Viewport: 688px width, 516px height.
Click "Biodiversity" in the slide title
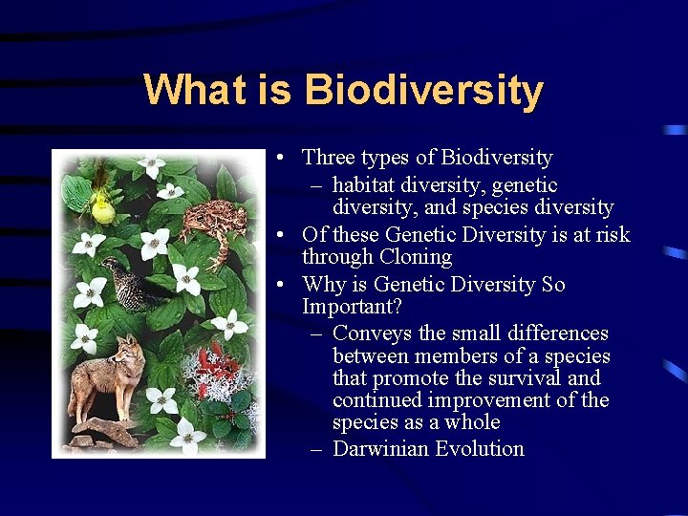point(423,91)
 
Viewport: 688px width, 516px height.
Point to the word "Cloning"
point(416,257)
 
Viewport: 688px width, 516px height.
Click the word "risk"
point(610,234)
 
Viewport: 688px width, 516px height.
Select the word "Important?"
point(352,307)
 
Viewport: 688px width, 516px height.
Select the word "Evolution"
point(480,448)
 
